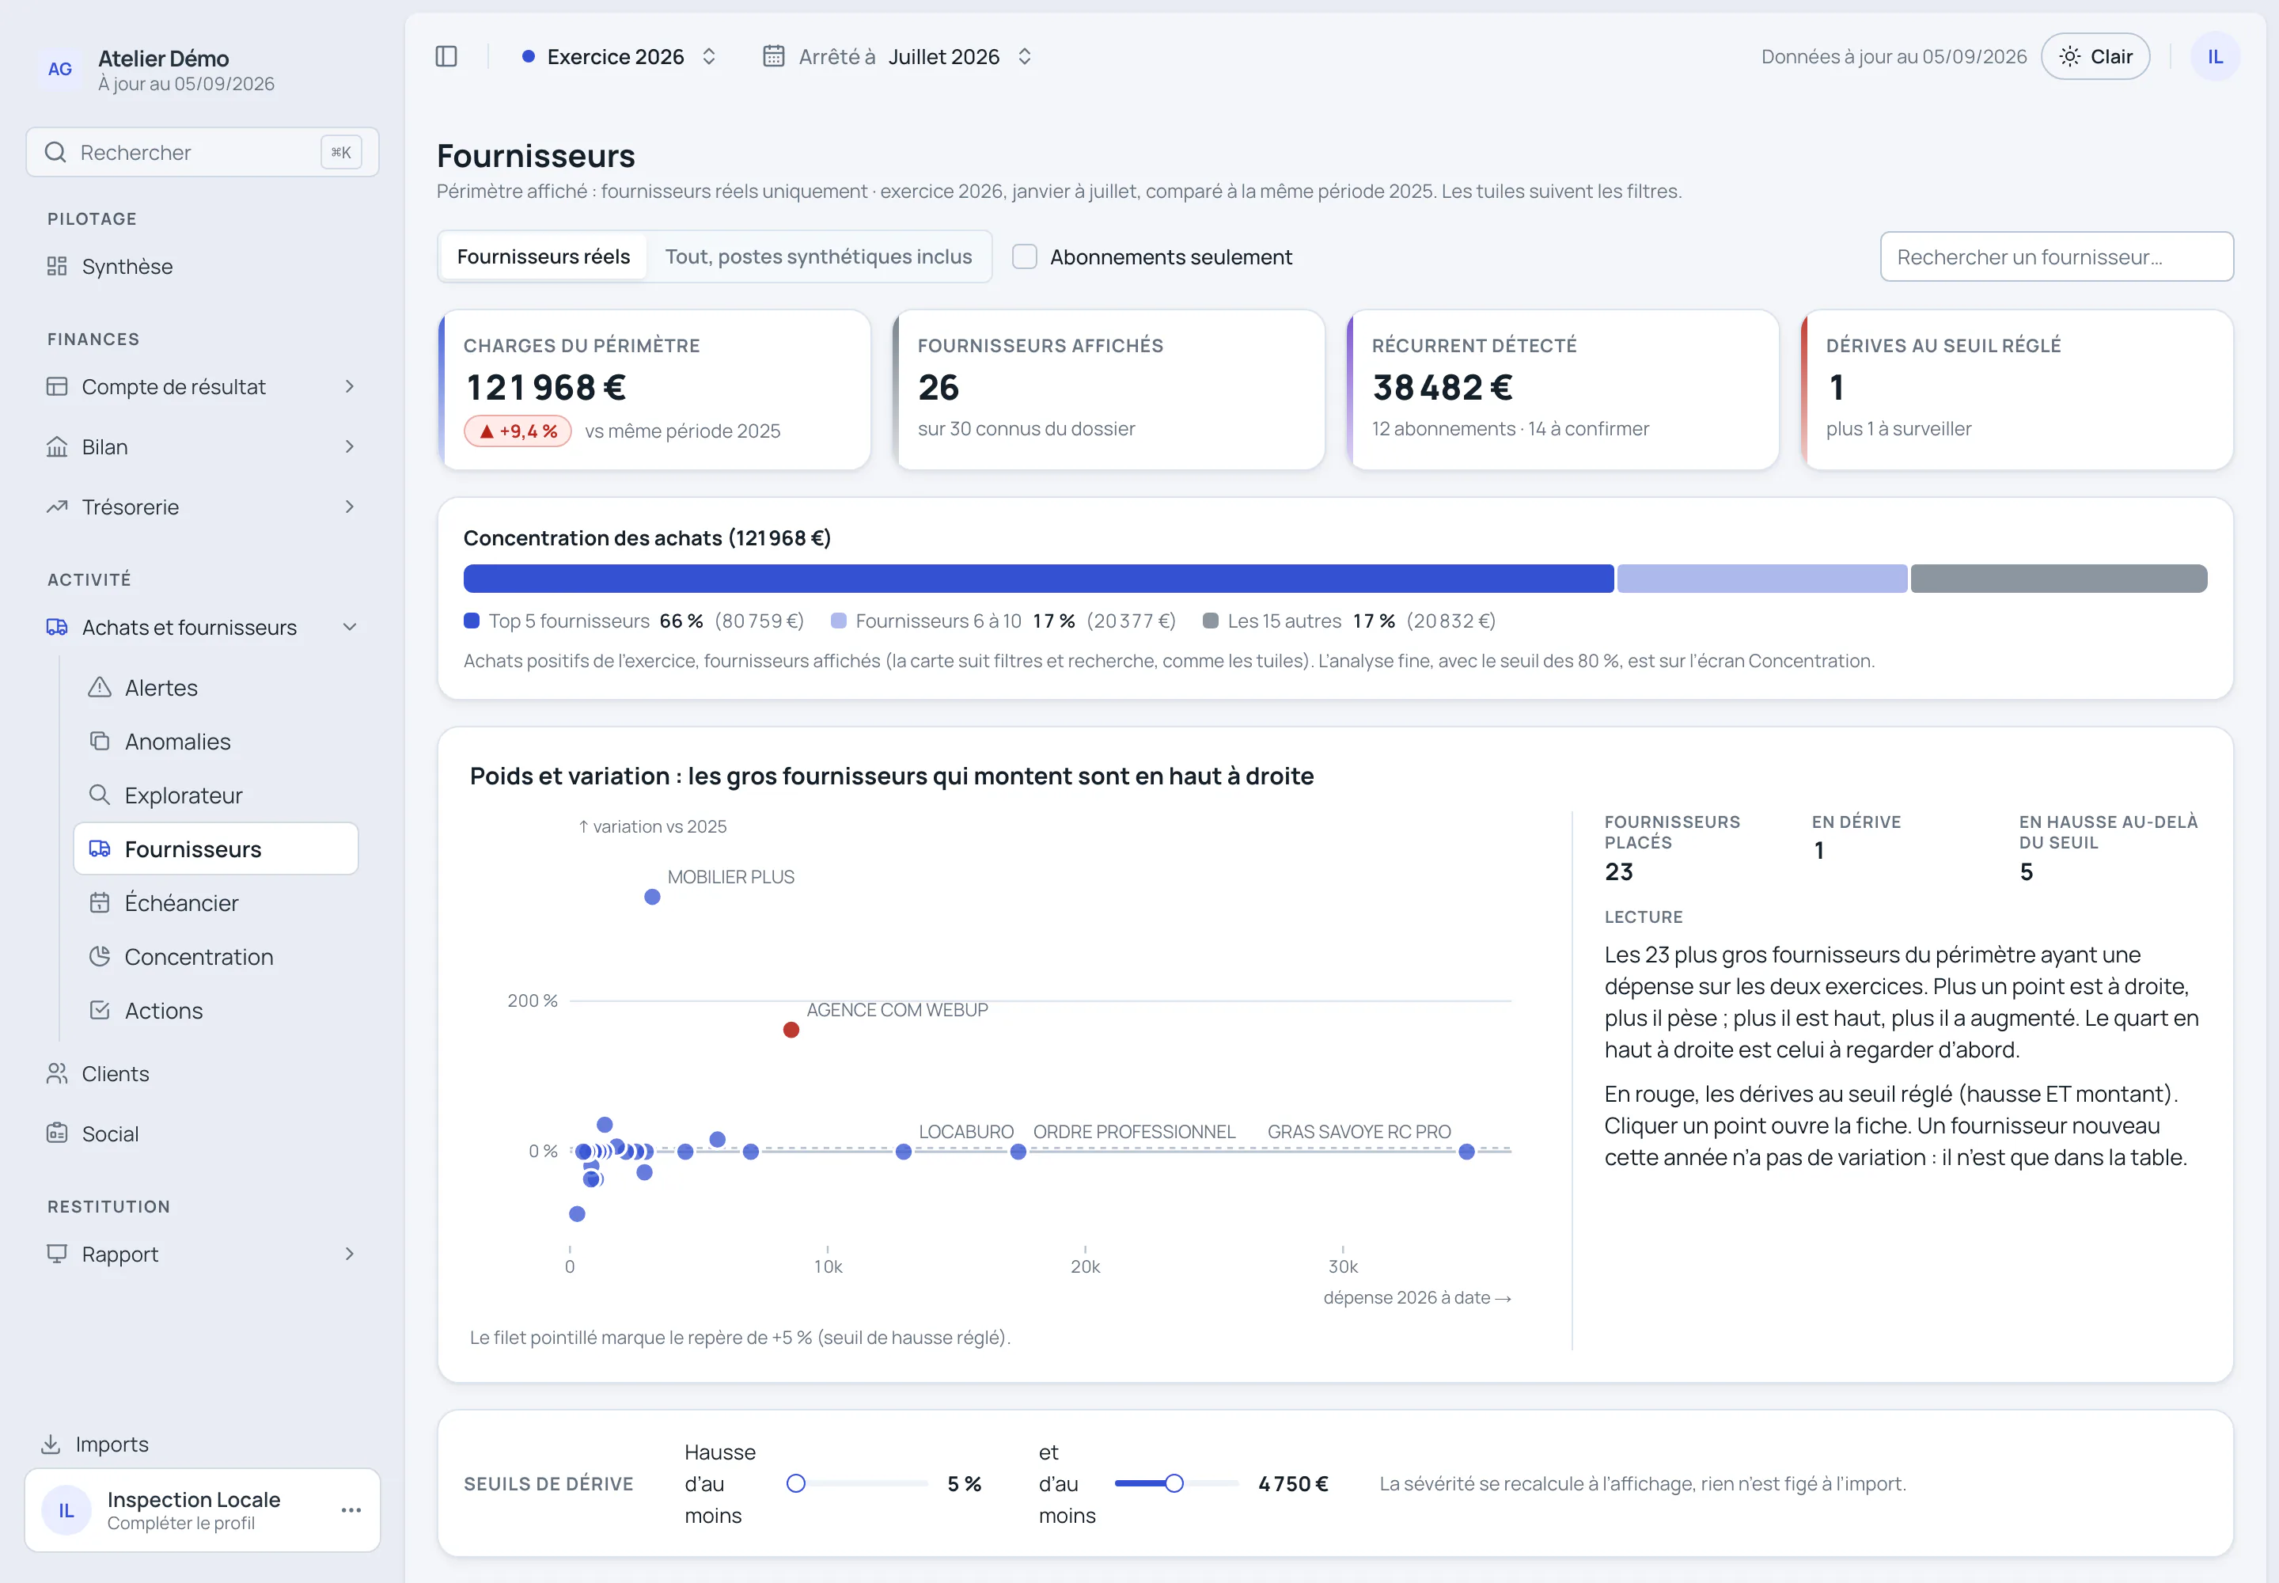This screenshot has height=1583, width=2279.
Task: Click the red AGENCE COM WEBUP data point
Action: (x=791, y=1030)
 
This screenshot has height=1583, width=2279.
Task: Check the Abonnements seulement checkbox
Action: (x=1025, y=257)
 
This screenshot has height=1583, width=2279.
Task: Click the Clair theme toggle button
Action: (x=2095, y=56)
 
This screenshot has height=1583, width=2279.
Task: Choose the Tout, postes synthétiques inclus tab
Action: (x=818, y=257)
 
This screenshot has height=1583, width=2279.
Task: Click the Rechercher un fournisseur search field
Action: (x=2056, y=257)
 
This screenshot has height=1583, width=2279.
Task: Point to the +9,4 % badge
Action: (x=518, y=431)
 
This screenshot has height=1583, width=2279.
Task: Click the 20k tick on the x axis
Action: (x=1085, y=1266)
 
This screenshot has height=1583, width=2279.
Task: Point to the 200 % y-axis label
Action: (x=533, y=1000)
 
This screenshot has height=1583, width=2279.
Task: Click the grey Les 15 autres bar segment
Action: (x=2059, y=579)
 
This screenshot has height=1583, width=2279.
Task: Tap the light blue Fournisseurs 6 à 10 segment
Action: (x=1762, y=579)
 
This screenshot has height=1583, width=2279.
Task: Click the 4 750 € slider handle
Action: (x=1174, y=1482)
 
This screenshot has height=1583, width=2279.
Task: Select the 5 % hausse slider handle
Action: (x=795, y=1482)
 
